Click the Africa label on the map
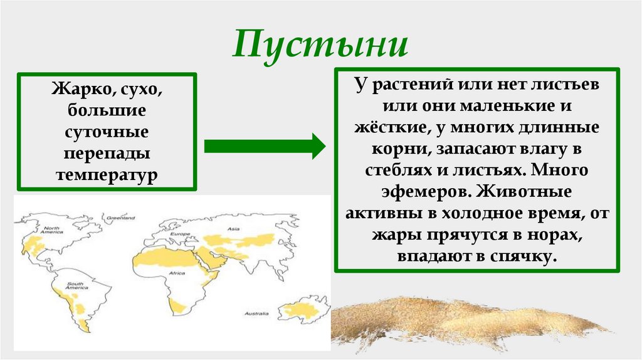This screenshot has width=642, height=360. pyautogui.click(x=177, y=273)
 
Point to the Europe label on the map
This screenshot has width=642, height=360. pyautogui.click(x=180, y=235)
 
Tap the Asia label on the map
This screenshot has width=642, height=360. pyautogui.click(x=234, y=230)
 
